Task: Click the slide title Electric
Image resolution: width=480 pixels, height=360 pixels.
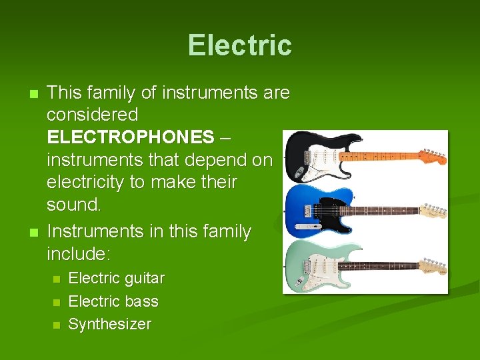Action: click(239, 45)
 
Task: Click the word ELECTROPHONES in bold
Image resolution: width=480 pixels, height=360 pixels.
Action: click(130, 137)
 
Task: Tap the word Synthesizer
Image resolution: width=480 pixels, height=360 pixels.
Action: click(110, 325)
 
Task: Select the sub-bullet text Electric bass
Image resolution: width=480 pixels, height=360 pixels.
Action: click(113, 301)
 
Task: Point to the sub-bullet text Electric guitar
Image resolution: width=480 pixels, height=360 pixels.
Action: click(117, 278)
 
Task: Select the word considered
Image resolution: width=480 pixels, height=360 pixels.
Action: click(92, 115)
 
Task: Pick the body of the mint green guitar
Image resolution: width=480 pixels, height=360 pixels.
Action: click(313, 267)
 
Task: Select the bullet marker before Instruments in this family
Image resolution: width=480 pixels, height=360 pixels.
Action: click(26, 232)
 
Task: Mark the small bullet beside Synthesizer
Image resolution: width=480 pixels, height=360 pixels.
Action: click(57, 325)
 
